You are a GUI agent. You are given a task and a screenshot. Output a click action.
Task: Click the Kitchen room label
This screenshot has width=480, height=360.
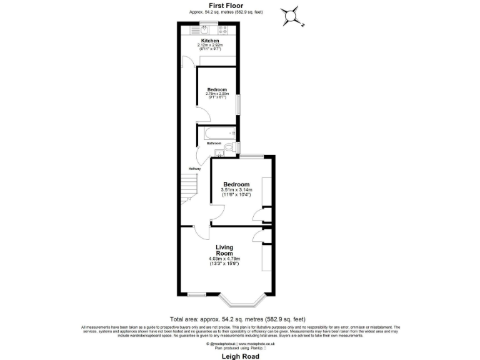[209, 41]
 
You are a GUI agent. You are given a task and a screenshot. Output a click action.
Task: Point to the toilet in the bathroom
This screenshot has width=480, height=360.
[228, 147]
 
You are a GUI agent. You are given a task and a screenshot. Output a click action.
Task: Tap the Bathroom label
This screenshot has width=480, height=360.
[214, 143]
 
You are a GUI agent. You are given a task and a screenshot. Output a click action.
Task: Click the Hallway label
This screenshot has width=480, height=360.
[194, 169]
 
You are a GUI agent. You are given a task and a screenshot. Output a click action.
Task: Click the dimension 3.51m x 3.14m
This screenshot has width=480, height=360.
[237, 190]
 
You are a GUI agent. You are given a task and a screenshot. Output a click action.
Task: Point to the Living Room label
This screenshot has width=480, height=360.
[224, 250]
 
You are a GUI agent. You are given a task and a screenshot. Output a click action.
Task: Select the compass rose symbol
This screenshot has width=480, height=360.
[291, 16]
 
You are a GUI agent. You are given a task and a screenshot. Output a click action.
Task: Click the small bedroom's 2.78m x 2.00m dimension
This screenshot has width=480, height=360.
[217, 94]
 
